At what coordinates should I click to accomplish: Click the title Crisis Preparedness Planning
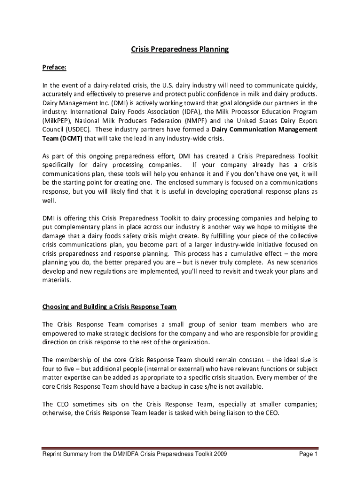[180, 49]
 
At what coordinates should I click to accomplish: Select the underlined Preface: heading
[55, 67]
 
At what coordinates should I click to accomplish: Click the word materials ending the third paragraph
[57, 280]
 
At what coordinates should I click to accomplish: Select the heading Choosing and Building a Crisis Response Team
[109, 307]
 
